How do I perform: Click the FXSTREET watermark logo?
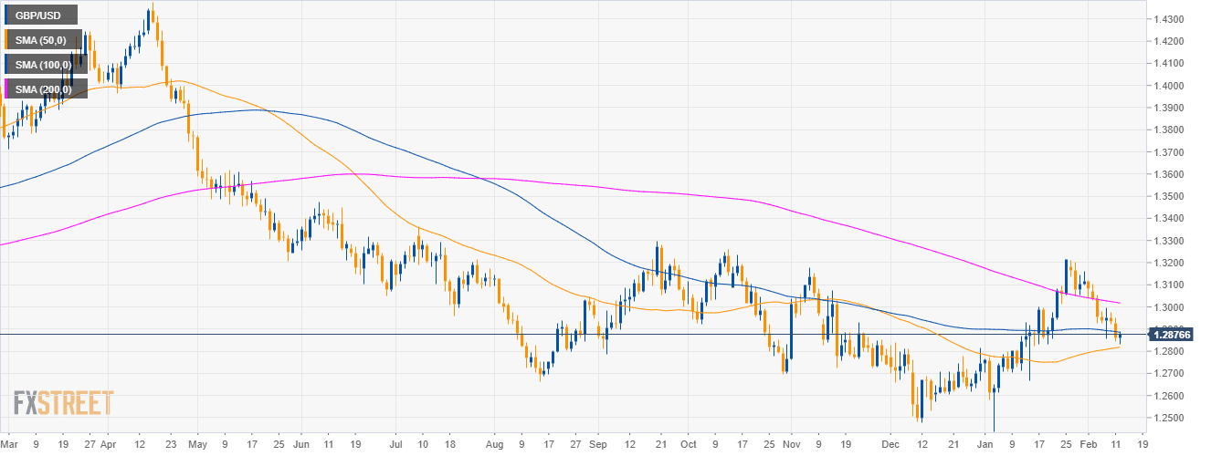pos(64,403)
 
